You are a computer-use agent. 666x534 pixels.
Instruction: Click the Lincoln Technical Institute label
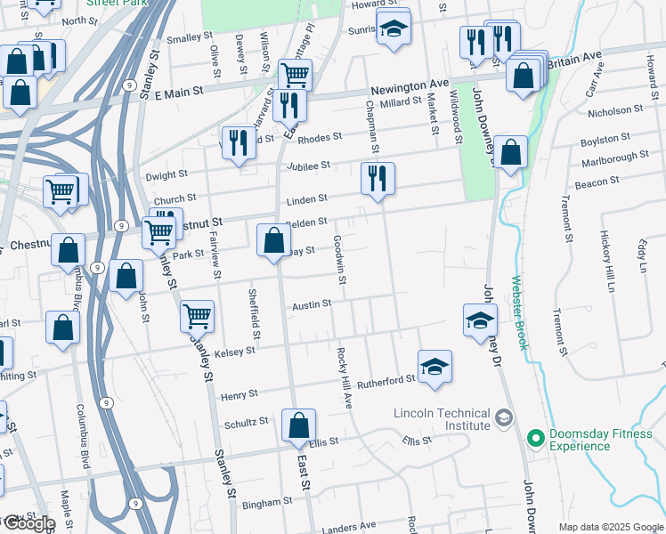[x=443, y=420]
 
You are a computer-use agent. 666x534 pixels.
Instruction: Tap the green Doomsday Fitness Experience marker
[x=536, y=438]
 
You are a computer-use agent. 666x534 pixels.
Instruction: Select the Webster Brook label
[x=518, y=311]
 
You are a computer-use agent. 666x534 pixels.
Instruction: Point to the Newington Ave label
[x=409, y=83]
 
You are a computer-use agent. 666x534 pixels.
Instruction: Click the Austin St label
[x=312, y=304]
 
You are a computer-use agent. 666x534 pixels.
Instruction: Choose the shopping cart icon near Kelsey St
[x=197, y=315]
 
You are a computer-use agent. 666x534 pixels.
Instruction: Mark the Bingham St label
[x=262, y=504]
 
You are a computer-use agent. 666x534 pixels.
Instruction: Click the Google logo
[x=28, y=523]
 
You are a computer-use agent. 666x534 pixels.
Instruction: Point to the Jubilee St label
[x=308, y=166]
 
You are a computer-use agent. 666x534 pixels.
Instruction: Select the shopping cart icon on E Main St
[x=295, y=74]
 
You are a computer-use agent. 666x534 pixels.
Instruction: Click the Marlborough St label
[x=615, y=157]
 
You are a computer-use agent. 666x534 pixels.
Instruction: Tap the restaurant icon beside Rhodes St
[x=238, y=144]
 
